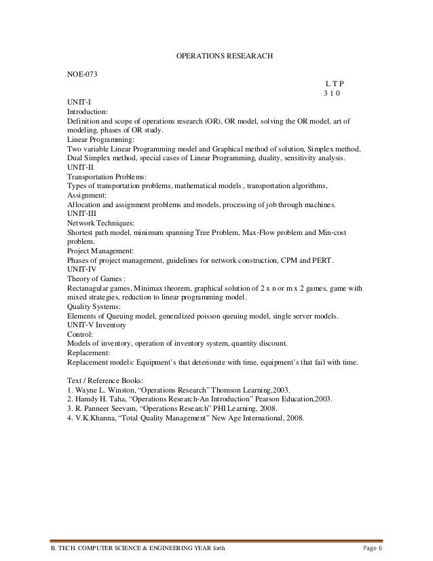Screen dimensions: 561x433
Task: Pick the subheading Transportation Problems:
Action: point(105,175)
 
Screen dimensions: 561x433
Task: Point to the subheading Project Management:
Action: point(100,251)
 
